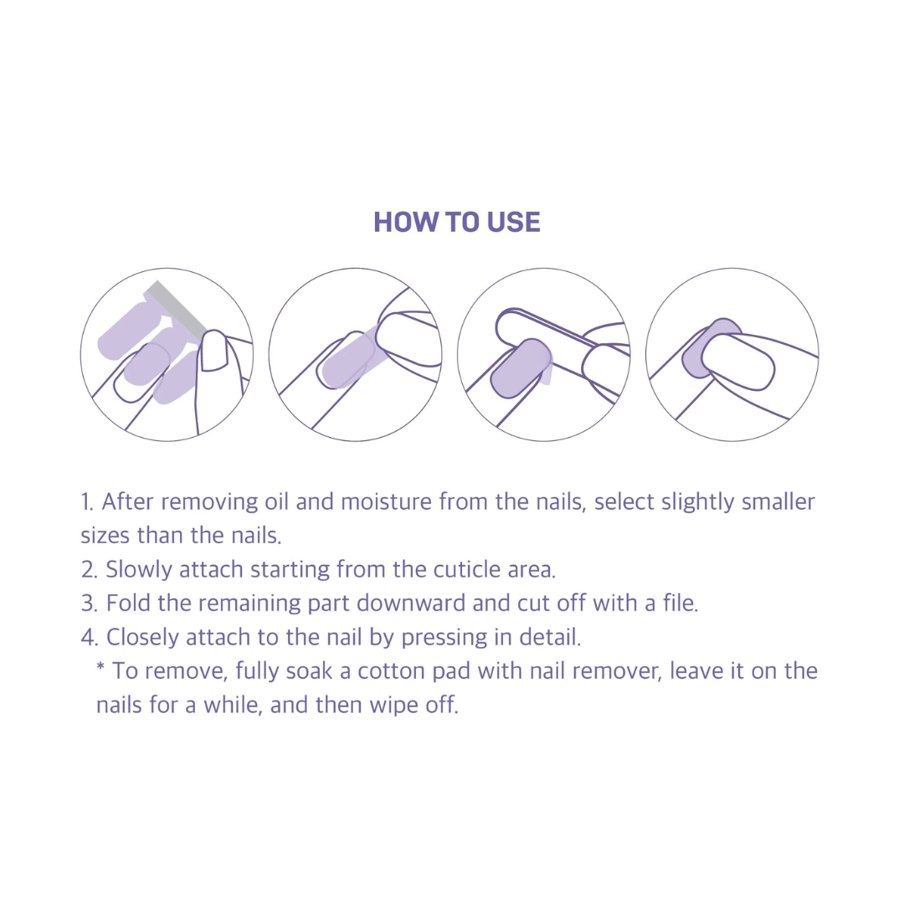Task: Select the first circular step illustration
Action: click(x=167, y=355)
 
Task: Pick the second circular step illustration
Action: click(x=355, y=355)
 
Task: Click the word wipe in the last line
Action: click(x=393, y=705)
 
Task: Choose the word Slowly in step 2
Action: click(x=139, y=570)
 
